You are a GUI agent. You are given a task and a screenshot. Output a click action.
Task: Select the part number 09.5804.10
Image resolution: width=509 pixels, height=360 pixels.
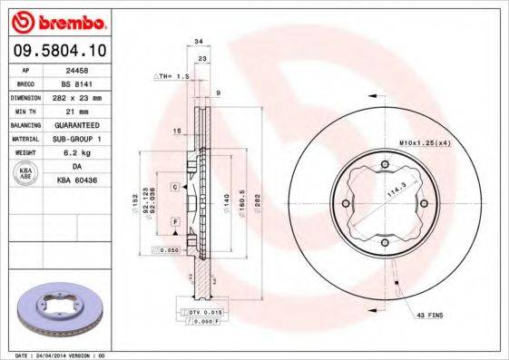60,51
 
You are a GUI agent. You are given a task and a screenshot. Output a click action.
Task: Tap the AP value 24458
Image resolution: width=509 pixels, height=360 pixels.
87,68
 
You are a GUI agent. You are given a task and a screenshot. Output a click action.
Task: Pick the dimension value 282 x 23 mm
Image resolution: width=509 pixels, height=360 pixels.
87,96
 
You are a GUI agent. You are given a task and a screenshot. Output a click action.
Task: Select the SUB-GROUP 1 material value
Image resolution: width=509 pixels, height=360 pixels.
87,139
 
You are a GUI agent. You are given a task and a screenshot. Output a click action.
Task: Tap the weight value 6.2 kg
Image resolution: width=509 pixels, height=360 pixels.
87,153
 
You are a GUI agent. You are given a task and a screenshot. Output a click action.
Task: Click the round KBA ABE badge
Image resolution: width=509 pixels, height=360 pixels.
26,174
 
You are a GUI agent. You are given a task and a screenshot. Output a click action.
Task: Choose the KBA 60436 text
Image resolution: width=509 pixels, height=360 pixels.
87,181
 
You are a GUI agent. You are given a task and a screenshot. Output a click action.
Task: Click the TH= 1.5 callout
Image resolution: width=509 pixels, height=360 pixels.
172,76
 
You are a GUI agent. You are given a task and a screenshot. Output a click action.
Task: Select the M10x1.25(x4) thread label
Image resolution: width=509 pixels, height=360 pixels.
422,142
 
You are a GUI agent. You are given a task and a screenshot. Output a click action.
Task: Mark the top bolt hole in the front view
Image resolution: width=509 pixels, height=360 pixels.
385,163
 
